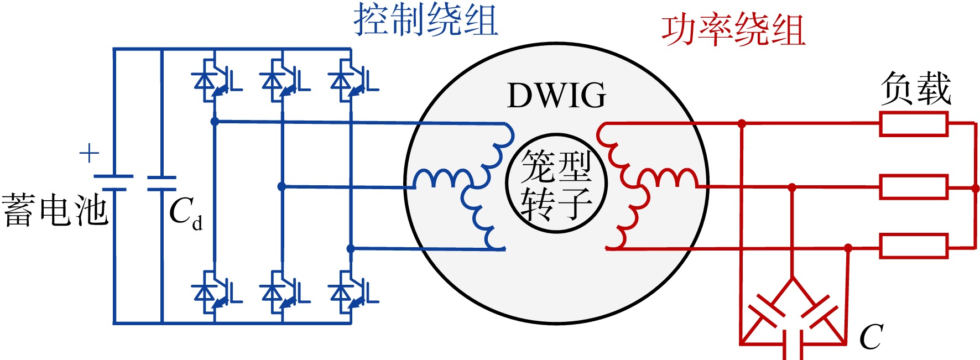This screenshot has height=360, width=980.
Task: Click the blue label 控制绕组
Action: coord(426,19)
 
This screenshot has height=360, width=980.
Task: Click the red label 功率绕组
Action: coord(733,30)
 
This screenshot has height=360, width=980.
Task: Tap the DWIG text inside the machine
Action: coord(556,96)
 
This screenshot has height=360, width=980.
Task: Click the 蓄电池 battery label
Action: coord(55,210)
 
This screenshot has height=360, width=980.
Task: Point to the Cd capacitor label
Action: coord(186,212)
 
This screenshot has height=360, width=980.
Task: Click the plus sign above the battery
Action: coord(89,153)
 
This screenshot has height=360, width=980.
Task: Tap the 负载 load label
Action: coord(916,88)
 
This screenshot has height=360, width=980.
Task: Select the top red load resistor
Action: coord(914,124)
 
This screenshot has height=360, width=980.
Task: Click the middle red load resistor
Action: coord(914,187)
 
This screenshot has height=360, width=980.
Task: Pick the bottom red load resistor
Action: coord(914,246)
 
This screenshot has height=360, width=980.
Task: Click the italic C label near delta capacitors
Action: coord(871,336)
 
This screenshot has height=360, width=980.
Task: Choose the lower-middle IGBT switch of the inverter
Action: coord(285,293)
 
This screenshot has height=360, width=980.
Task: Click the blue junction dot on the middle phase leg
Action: coord(282,187)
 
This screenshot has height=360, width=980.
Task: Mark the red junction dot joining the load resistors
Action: coord(976,189)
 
